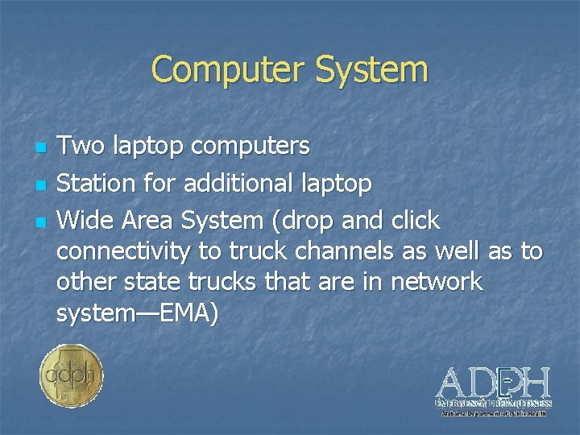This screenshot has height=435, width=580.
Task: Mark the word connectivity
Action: click(124, 252)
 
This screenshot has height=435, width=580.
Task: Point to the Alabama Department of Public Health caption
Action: click(493, 413)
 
